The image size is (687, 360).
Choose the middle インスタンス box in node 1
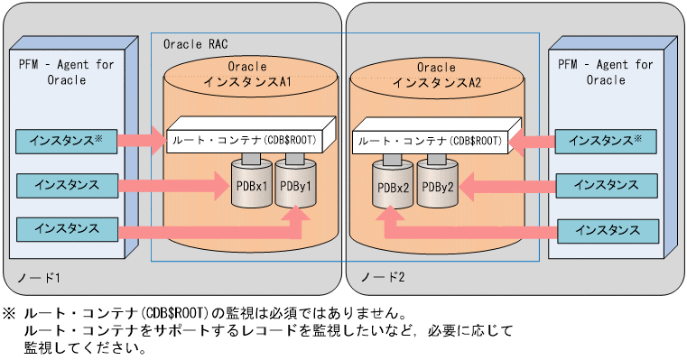point(67,185)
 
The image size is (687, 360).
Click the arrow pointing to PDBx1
point(175,186)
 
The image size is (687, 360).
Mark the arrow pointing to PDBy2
point(506,186)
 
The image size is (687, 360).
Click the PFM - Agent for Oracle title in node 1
point(66,72)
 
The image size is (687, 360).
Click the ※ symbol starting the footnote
point(9,313)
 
